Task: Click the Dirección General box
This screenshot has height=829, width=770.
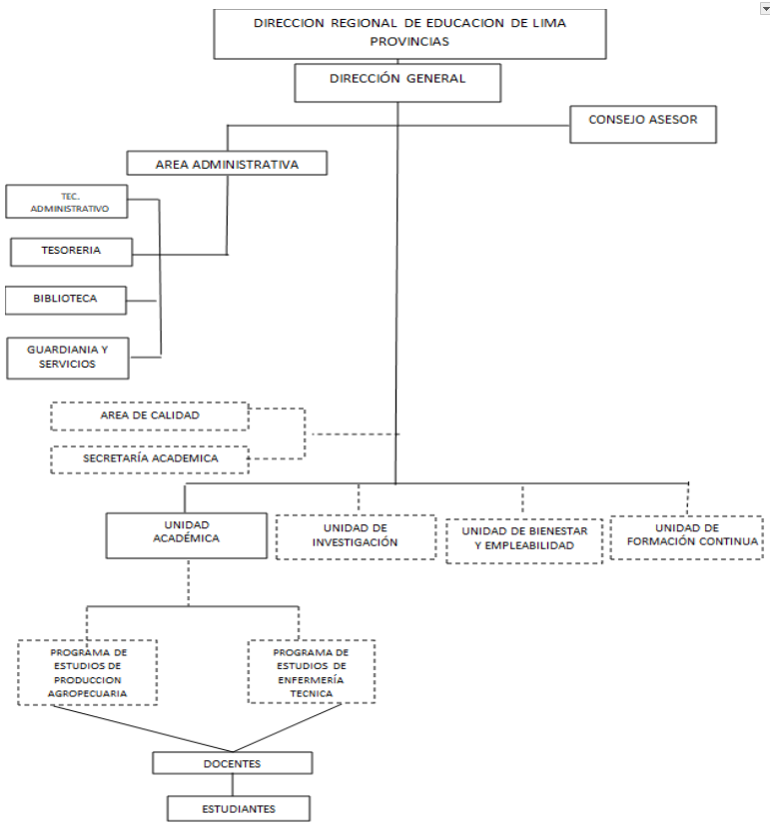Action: (x=397, y=83)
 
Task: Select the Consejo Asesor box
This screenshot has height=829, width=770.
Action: (x=643, y=124)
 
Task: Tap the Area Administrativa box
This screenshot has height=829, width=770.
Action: (x=227, y=163)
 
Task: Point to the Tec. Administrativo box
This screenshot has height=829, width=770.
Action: (x=67, y=202)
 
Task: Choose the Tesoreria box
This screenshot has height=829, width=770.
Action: (x=71, y=252)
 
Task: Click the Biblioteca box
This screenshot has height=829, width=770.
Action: (x=66, y=301)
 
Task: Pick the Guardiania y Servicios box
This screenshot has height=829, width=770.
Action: (x=68, y=359)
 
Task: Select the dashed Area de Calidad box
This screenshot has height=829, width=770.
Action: (x=150, y=416)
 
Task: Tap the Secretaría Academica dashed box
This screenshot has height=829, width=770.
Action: (x=150, y=459)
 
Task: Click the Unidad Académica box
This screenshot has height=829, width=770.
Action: (x=187, y=535)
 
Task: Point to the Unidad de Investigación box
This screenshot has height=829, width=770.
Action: (x=356, y=537)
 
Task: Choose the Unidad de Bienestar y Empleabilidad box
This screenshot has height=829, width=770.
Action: (x=524, y=541)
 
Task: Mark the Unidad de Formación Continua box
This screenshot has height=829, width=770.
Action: (x=686, y=537)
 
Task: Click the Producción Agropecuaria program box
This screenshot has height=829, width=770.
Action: (x=88, y=672)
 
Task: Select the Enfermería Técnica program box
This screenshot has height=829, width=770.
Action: (x=312, y=671)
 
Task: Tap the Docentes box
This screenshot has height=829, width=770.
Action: (x=233, y=763)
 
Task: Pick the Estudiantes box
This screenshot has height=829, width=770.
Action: (x=239, y=808)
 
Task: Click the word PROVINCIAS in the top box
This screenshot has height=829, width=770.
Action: (x=409, y=41)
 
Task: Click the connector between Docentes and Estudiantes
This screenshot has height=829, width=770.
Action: (x=233, y=785)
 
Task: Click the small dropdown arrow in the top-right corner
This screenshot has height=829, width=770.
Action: (x=765, y=9)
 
